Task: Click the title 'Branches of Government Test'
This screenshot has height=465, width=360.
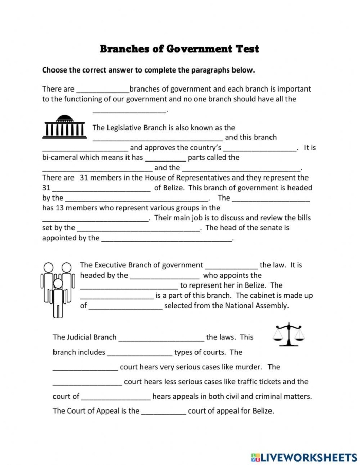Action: coord(179,49)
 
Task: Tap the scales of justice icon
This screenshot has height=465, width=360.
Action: coord(288,335)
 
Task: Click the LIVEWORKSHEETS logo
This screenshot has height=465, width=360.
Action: coord(304,457)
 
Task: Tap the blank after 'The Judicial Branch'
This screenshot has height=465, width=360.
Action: coord(161,338)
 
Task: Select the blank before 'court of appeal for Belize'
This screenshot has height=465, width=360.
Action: coord(164,411)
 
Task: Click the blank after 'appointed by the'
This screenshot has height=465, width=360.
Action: coord(167,238)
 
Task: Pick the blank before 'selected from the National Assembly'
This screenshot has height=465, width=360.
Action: coord(126,306)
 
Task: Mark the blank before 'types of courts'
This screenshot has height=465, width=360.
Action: coord(140,353)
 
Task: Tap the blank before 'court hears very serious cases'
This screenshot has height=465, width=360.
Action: coord(85,367)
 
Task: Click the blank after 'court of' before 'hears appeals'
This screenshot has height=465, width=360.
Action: coord(116,397)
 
